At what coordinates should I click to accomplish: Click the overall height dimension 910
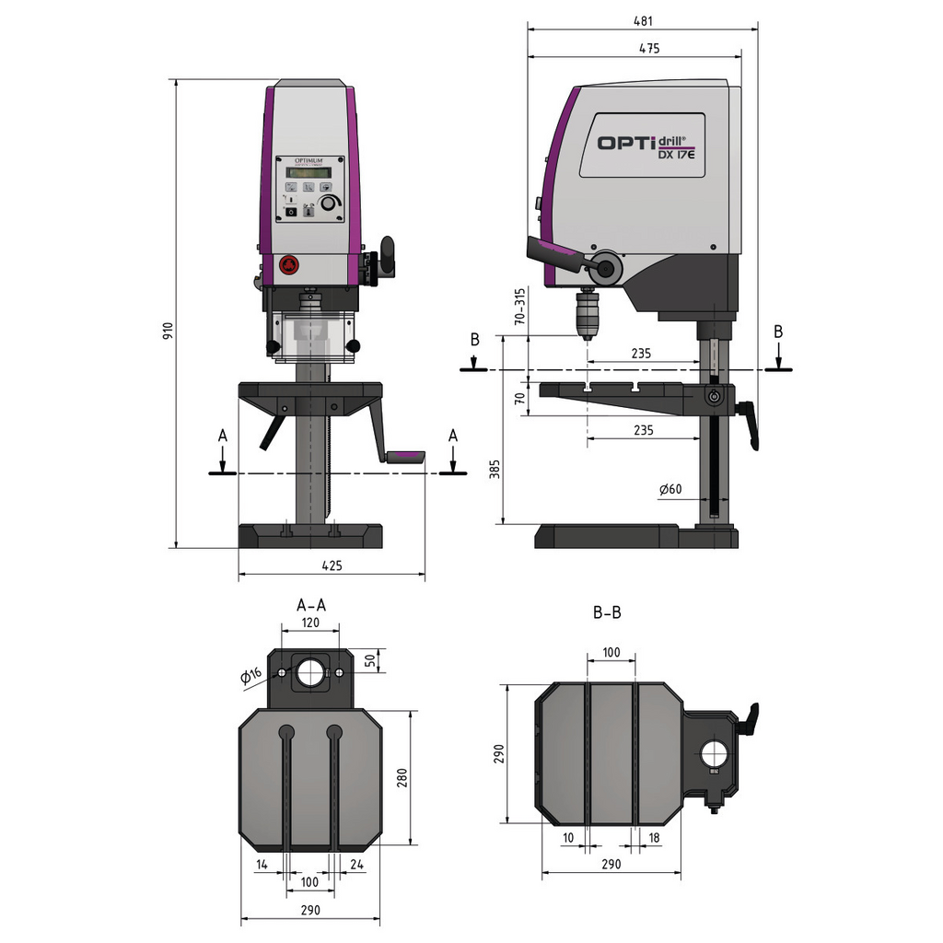(168, 332)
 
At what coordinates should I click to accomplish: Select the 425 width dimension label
(332, 565)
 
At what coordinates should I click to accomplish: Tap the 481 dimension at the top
(642, 19)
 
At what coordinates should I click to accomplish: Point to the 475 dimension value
(647, 49)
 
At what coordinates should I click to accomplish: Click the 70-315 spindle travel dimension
(520, 307)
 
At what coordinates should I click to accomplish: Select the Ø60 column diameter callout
(670, 489)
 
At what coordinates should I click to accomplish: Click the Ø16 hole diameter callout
(251, 677)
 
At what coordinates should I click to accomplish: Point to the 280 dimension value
(402, 778)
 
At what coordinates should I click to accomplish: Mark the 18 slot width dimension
(654, 837)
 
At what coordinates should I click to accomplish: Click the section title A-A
(310, 605)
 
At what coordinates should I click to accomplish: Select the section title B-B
(607, 612)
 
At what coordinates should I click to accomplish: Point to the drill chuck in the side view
(586, 316)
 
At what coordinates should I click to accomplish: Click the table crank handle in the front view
(405, 456)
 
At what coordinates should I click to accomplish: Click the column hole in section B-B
(715, 754)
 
